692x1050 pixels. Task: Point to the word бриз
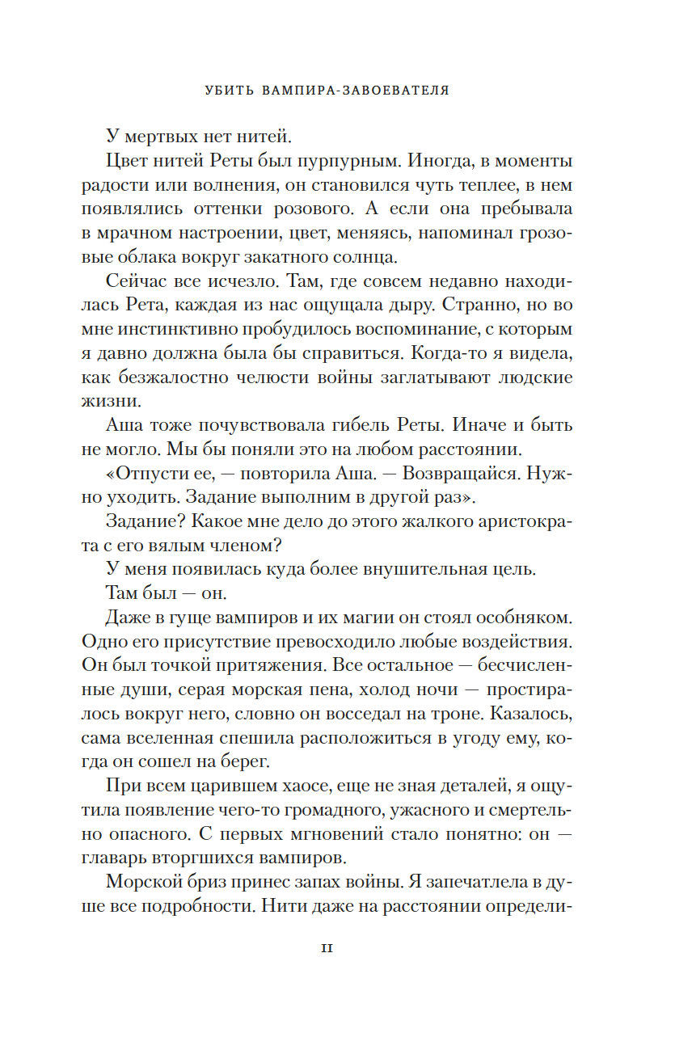click(213, 882)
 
